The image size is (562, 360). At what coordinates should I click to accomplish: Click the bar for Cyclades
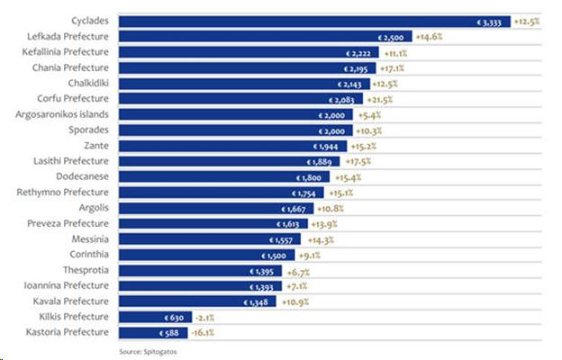click(x=315, y=21)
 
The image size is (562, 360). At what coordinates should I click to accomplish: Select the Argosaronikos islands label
click(x=62, y=114)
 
